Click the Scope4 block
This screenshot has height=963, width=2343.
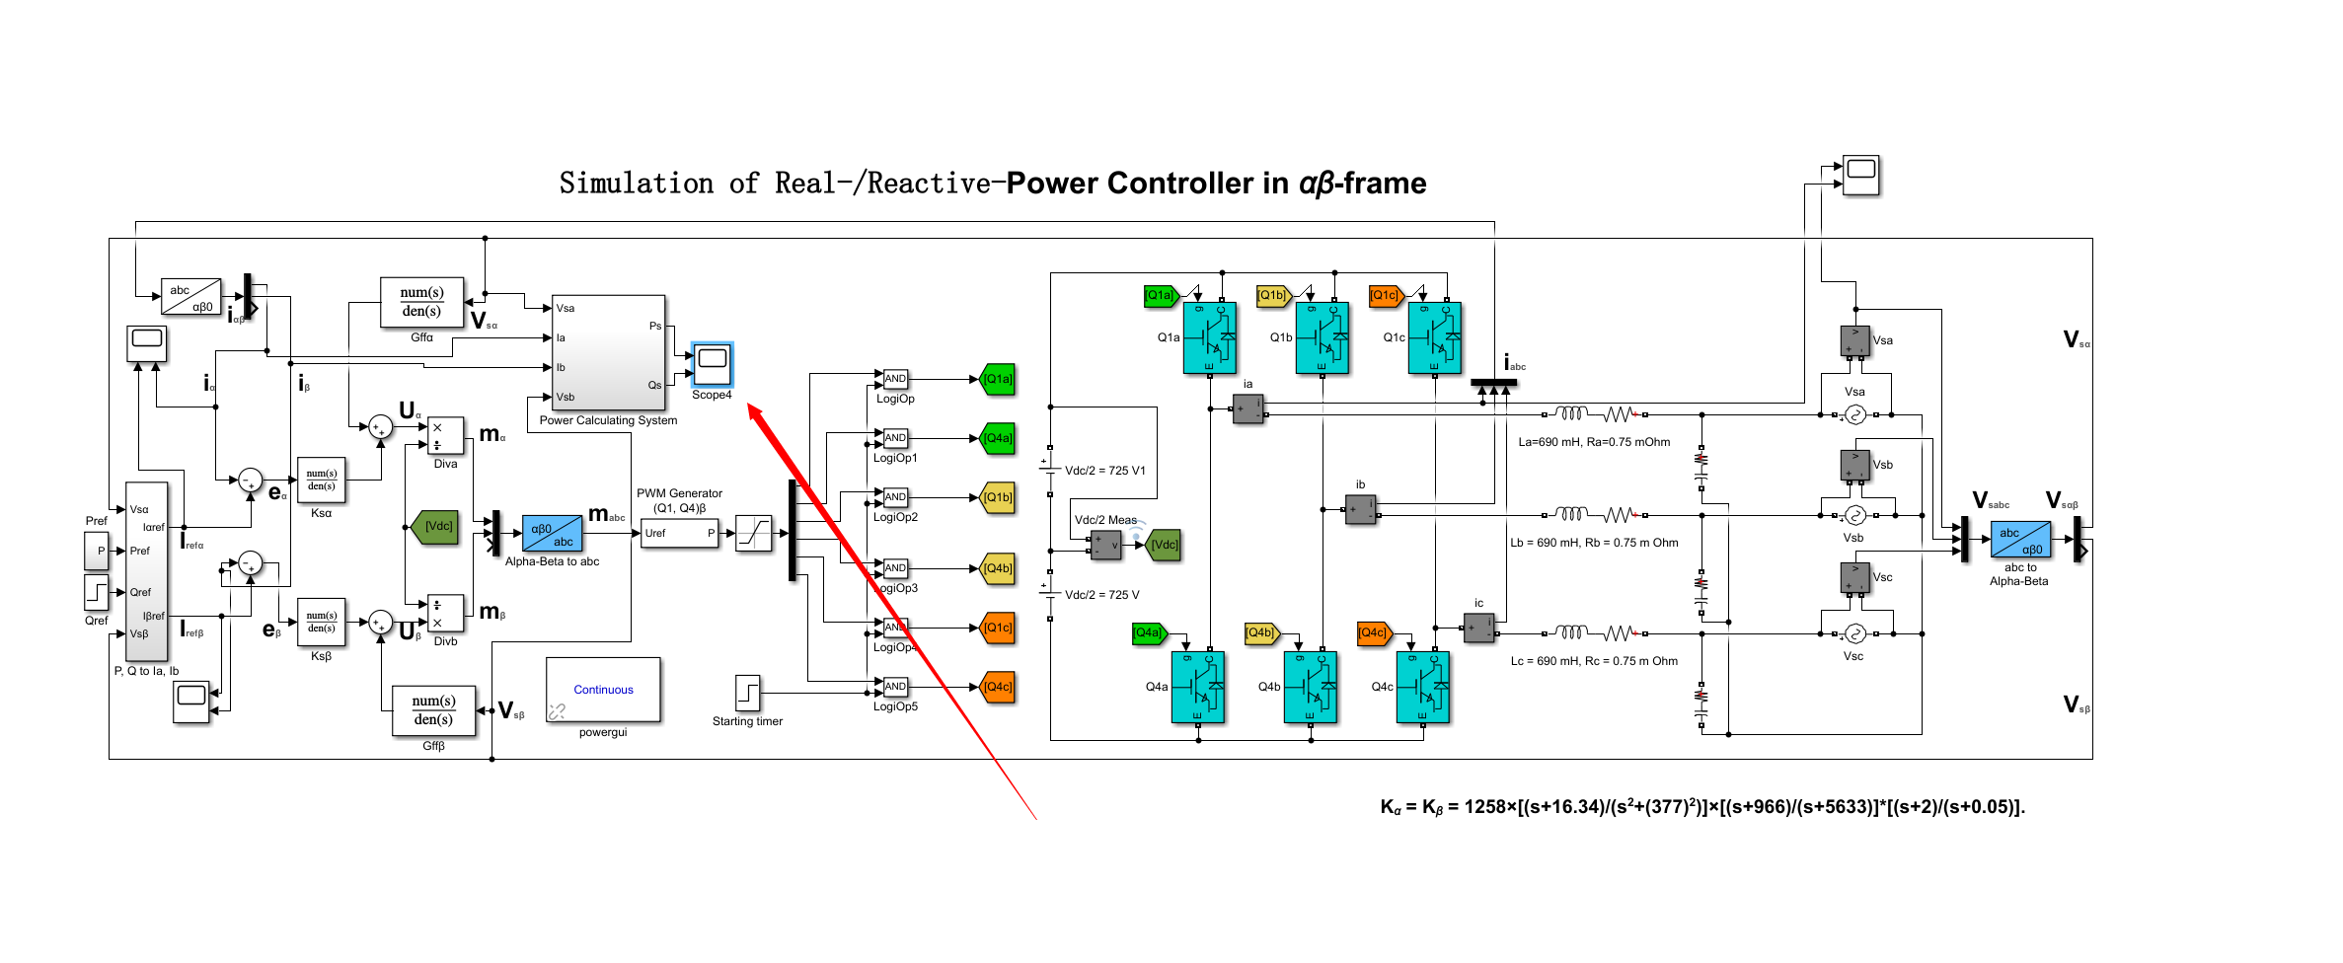click(712, 365)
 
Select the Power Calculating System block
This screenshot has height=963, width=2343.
click(608, 352)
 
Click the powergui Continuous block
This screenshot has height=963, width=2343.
click(603, 690)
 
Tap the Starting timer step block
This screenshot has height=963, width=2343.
click(748, 694)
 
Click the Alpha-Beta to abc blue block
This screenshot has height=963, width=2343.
click(552, 535)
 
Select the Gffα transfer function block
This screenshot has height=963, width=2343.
click(421, 302)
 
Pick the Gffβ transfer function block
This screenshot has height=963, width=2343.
click(433, 710)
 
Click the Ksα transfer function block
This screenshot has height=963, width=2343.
click(322, 481)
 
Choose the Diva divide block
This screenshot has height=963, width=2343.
click(445, 436)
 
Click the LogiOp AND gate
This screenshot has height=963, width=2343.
click(895, 379)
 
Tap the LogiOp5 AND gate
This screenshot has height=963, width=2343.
click(895, 687)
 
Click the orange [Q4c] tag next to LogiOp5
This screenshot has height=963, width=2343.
click(999, 687)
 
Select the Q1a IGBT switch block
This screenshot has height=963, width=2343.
click(1210, 338)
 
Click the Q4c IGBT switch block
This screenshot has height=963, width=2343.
click(1423, 688)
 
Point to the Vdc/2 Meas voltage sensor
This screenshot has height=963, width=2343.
click(1105, 545)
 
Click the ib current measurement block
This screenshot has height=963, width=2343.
click(1360, 509)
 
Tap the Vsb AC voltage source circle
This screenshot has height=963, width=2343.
click(1854, 515)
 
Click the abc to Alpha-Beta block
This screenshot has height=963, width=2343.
click(2020, 540)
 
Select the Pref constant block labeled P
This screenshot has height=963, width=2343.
click(97, 552)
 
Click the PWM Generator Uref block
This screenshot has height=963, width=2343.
click(679, 534)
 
